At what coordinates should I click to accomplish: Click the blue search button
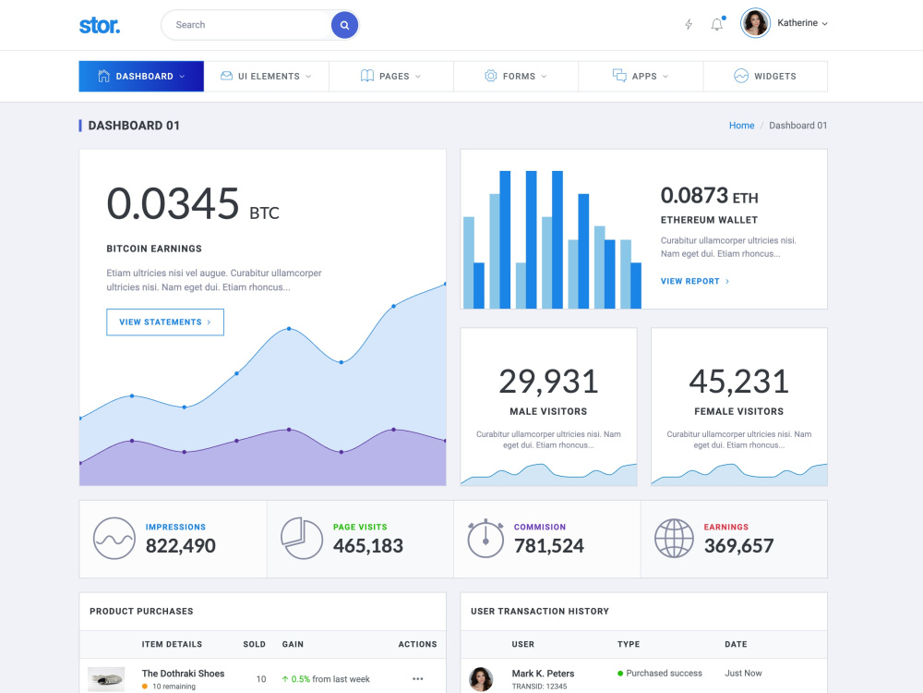coord(344,25)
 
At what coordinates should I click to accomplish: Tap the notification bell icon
coord(717,24)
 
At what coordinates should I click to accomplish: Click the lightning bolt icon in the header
coord(689,24)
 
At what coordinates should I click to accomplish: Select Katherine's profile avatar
coord(755,23)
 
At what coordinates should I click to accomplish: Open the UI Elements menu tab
coord(266,76)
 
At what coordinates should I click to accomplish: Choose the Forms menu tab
coord(516,76)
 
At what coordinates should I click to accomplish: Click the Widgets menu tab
coord(765,76)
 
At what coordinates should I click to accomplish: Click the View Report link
coord(695,281)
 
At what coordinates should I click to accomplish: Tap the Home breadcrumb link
coord(742,126)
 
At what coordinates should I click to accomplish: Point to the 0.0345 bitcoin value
coord(173,203)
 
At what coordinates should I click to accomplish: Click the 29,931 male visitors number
coord(548,382)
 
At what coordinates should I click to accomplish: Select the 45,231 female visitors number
coord(738,382)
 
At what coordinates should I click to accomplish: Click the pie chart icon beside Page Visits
coord(302,538)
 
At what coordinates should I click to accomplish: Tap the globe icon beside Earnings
coord(674,538)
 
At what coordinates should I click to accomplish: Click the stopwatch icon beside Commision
coord(485,538)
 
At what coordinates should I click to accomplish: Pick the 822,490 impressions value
coord(181,546)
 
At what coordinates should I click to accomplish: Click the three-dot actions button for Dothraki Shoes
coord(418,679)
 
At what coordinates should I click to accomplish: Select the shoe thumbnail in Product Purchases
coord(106,679)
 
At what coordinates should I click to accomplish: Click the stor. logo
coord(100,25)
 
